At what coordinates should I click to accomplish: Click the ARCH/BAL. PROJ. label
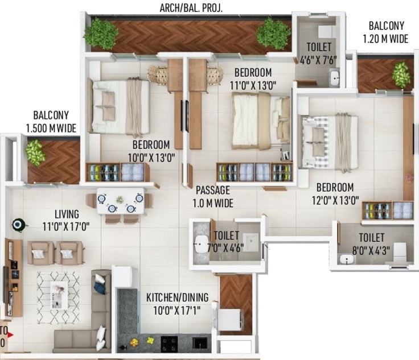pos(191,7)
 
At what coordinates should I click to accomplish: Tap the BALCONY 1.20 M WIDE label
pos(386,32)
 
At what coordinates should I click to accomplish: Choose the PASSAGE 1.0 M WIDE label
pos(214,196)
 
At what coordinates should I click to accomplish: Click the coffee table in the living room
pos(59,294)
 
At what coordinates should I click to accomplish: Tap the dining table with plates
pos(120,201)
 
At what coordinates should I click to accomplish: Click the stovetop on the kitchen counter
pos(169,343)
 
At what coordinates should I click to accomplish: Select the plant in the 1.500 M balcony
pos(35,152)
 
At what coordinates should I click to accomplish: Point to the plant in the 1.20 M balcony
pos(401,75)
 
